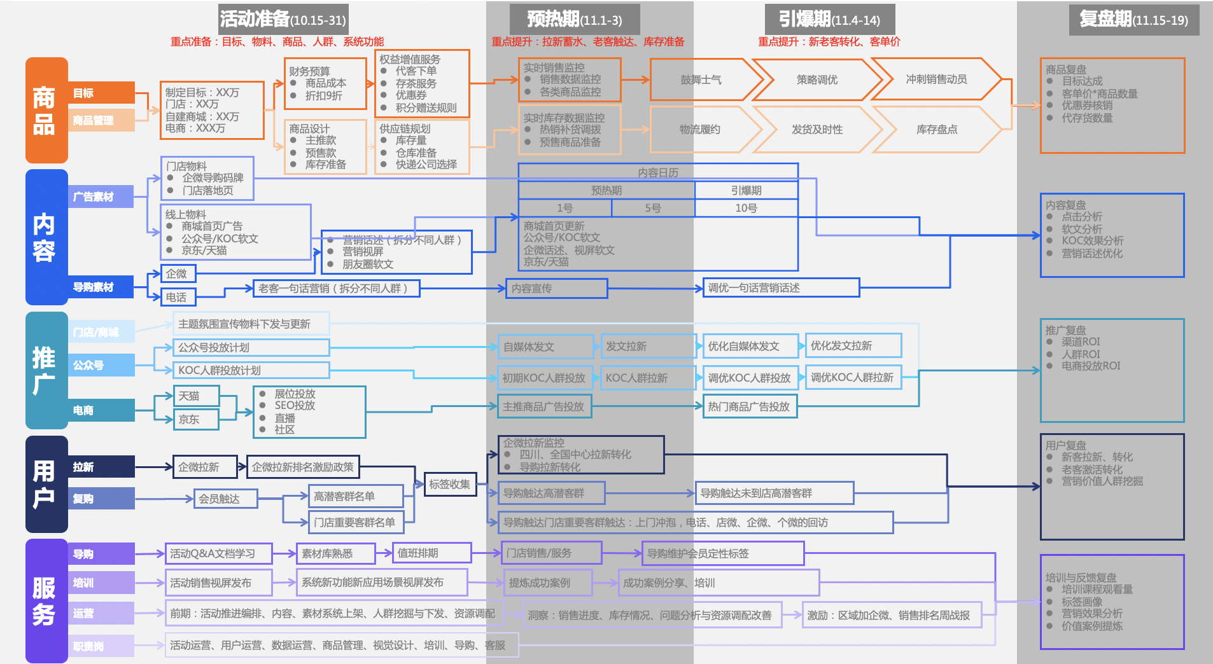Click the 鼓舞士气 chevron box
click(701, 80)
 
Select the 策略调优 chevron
click(817, 80)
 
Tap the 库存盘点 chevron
click(936, 130)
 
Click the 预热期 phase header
click(575, 19)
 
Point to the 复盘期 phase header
click(1133, 20)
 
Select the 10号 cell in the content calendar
click(746, 208)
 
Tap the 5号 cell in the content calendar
click(653, 208)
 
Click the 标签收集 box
click(449, 485)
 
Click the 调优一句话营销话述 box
click(781, 287)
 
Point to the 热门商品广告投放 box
click(749, 406)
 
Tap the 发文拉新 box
click(647, 346)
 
